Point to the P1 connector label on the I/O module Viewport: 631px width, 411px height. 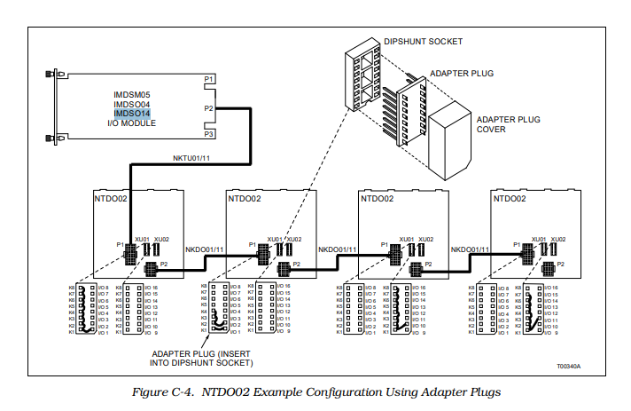pyautogui.click(x=209, y=80)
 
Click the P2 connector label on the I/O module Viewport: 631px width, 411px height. pyautogui.click(x=209, y=108)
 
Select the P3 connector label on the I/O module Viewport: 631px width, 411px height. pyautogui.click(x=209, y=135)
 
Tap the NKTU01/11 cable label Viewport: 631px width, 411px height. pyautogui.click(x=192, y=158)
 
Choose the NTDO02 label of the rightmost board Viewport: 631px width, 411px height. pyautogui.click(x=510, y=200)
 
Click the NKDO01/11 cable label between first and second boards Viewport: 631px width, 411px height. pyautogui.click(x=205, y=250)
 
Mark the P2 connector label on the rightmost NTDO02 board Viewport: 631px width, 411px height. pyautogui.click(x=558, y=264)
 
